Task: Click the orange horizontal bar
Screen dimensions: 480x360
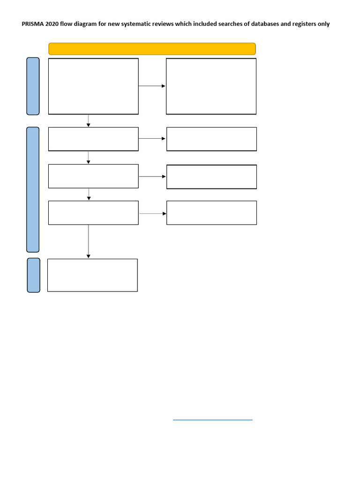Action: [152, 49]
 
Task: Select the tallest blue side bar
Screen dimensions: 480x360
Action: [33, 189]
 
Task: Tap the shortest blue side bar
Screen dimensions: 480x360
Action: [33, 275]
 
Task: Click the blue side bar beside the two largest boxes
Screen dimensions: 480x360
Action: [33, 86]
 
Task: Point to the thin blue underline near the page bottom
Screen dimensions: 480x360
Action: [213, 420]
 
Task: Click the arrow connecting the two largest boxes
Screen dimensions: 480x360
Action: [152, 86]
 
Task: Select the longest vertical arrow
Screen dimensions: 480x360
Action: [88, 241]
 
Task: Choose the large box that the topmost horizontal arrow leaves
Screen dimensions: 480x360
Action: [93, 86]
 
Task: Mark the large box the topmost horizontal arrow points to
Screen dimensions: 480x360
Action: [211, 86]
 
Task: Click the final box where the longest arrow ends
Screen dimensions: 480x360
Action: [92, 275]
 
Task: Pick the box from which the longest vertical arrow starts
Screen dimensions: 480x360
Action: [93, 213]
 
